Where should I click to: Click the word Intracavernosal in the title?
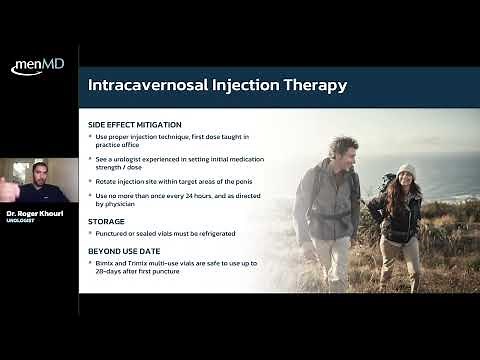pyautogui.click(x=153, y=85)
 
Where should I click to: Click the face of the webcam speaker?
pyautogui.click(x=38, y=174)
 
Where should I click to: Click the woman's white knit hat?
pyautogui.click(x=406, y=170)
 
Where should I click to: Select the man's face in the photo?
pyautogui.click(x=345, y=156)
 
